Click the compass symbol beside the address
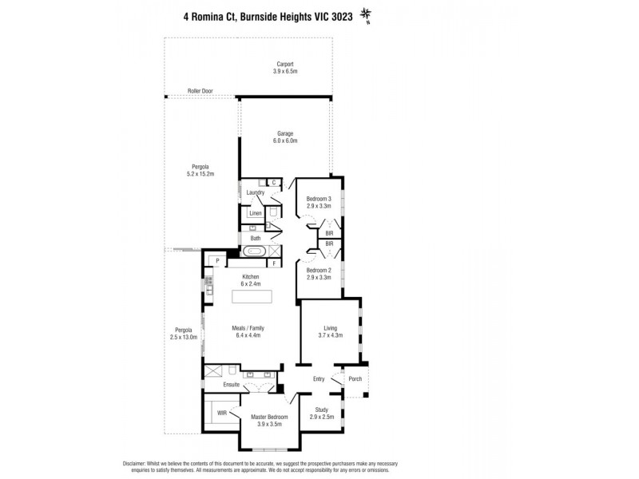point(367,14)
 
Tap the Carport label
point(285,64)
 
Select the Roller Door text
point(200,91)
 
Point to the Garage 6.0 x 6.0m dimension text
point(286,141)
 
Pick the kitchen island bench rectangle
point(252,297)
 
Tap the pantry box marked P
point(216,260)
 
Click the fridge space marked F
point(273,262)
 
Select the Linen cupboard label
point(255,213)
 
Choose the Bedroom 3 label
point(318,198)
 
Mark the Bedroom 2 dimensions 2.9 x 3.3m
point(318,278)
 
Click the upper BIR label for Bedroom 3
point(328,232)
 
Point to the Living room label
point(331,327)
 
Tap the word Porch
point(355,379)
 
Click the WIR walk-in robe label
point(221,414)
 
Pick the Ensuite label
point(232,385)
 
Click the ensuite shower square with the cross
point(213,372)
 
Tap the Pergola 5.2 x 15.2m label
point(200,169)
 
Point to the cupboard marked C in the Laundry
point(273,183)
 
